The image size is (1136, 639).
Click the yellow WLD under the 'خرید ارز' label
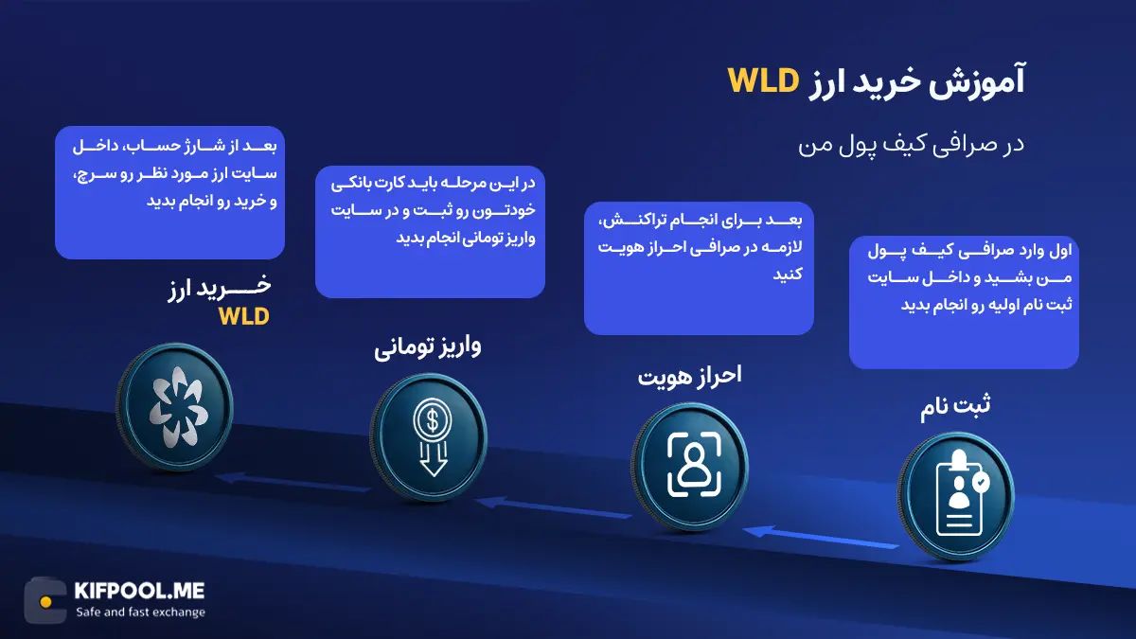click(x=243, y=316)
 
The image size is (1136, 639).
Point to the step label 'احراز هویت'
click(x=689, y=374)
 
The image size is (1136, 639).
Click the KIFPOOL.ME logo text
click(x=138, y=591)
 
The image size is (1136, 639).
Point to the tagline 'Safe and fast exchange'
click(x=140, y=612)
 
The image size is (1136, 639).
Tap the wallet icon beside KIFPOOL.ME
click(x=45, y=600)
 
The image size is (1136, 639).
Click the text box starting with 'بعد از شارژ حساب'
click(x=169, y=192)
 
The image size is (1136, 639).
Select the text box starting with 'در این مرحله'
click(x=430, y=232)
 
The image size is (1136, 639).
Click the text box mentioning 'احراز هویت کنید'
click(x=699, y=268)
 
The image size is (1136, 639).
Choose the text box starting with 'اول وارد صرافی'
click(x=964, y=302)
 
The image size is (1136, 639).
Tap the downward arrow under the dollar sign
click(x=433, y=461)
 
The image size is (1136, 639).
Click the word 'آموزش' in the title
click(x=984, y=82)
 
